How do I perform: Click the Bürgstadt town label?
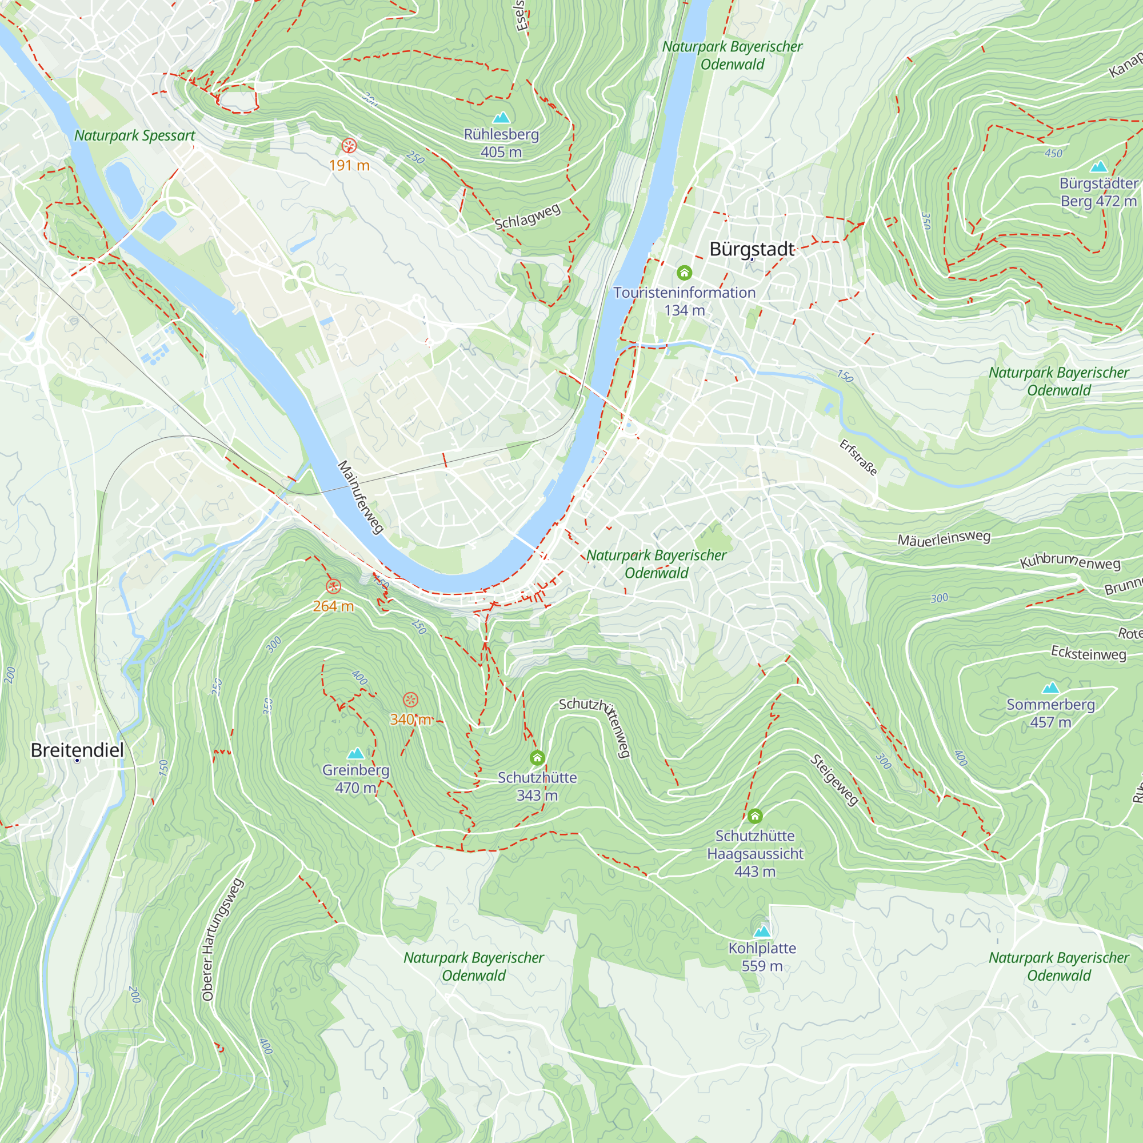(x=752, y=249)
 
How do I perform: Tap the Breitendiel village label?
(x=78, y=750)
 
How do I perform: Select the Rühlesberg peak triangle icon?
(x=501, y=117)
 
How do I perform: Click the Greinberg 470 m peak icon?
(x=355, y=753)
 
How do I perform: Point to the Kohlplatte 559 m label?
(x=762, y=957)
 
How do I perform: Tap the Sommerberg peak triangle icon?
(x=1051, y=688)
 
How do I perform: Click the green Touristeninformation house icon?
(x=685, y=273)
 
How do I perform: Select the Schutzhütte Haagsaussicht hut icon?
(x=755, y=817)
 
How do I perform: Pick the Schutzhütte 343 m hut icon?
(x=537, y=758)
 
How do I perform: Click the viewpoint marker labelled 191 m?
(x=349, y=146)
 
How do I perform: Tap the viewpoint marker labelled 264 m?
(x=334, y=586)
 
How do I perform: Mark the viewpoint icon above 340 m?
(x=410, y=700)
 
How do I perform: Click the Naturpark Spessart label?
(x=134, y=135)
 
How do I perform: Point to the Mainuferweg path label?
(x=360, y=497)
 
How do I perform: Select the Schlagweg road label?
(x=527, y=217)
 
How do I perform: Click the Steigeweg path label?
(x=835, y=780)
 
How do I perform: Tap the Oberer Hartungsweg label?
(x=222, y=940)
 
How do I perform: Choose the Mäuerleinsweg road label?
(x=944, y=538)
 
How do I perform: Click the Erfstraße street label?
(x=858, y=457)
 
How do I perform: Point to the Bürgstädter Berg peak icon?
(x=1098, y=166)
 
